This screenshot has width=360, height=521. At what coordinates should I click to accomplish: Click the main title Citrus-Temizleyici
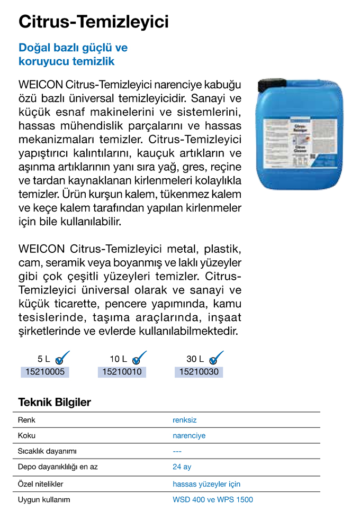click(94, 22)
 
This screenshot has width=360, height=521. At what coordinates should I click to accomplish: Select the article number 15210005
click(45, 372)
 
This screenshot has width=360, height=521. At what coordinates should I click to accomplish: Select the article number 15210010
click(121, 372)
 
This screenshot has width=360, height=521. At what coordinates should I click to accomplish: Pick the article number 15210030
click(199, 372)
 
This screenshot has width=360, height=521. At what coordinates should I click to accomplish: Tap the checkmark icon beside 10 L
click(139, 358)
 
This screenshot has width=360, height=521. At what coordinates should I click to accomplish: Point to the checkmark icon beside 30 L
click(216, 358)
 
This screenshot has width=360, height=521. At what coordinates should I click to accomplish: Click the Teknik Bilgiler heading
click(55, 403)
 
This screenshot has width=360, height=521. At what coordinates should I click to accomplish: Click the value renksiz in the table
click(184, 420)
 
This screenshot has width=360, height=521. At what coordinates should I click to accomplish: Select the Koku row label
click(26, 436)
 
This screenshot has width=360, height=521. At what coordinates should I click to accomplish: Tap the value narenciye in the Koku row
click(189, 436)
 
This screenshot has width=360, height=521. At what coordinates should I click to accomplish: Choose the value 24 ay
click(182, 467)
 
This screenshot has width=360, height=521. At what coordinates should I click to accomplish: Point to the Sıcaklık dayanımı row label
click(48, 451)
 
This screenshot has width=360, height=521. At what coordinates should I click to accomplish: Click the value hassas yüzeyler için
click(206, 484)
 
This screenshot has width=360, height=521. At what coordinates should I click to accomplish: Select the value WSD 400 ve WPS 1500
click(213, 499)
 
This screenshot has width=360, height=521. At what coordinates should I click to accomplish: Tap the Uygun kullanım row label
click(44, 499)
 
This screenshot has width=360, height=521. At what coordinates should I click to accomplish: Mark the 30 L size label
click(195, 359)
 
